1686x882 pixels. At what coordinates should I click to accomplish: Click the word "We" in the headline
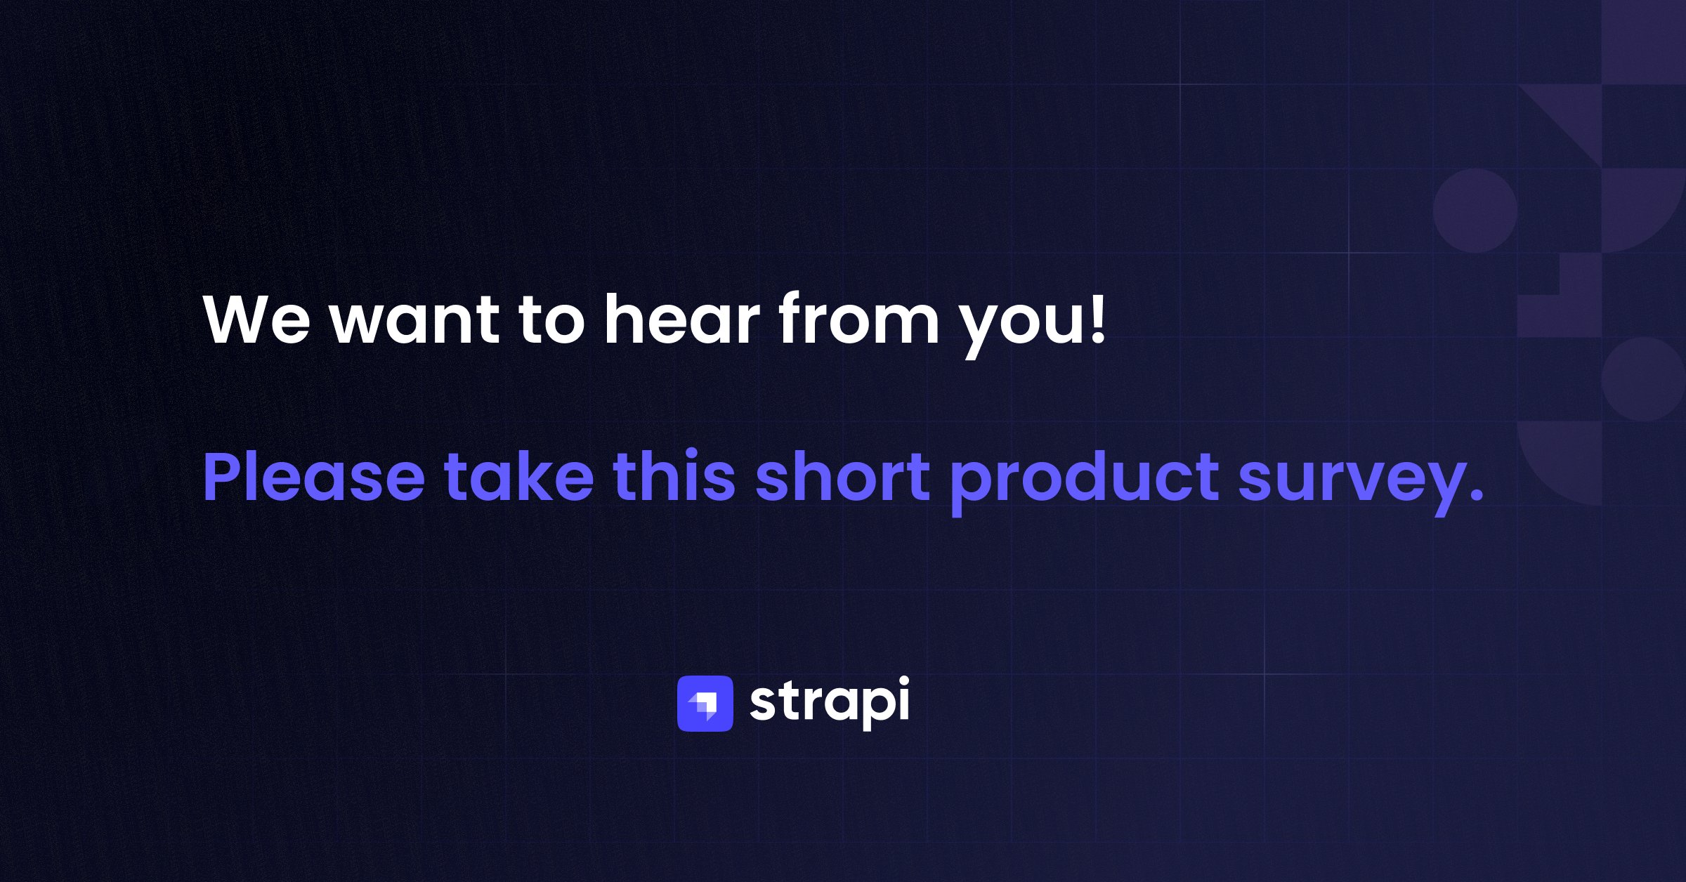(x=256, y=319)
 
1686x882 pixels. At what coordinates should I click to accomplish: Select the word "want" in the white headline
(x=415, y=320)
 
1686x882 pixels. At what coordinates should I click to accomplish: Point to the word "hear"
(x=682, y=317)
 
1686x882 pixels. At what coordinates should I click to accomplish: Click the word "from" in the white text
(x=858, y=317)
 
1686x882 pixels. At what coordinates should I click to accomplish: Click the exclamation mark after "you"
(x=1097, y=318)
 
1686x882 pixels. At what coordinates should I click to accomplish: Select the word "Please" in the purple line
(x=313, y=476)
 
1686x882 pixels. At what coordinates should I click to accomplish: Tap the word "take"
(x=519, y=476)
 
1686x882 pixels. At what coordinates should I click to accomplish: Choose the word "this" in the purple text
(x=674, y=475)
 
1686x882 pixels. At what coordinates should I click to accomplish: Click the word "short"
(x=843, y=476)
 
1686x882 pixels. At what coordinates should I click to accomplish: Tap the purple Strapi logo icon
(x=705, y=703)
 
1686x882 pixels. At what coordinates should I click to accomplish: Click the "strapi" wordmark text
(x=830, y=703)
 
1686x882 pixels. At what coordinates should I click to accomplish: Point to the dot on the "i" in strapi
(x=902, y=681)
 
